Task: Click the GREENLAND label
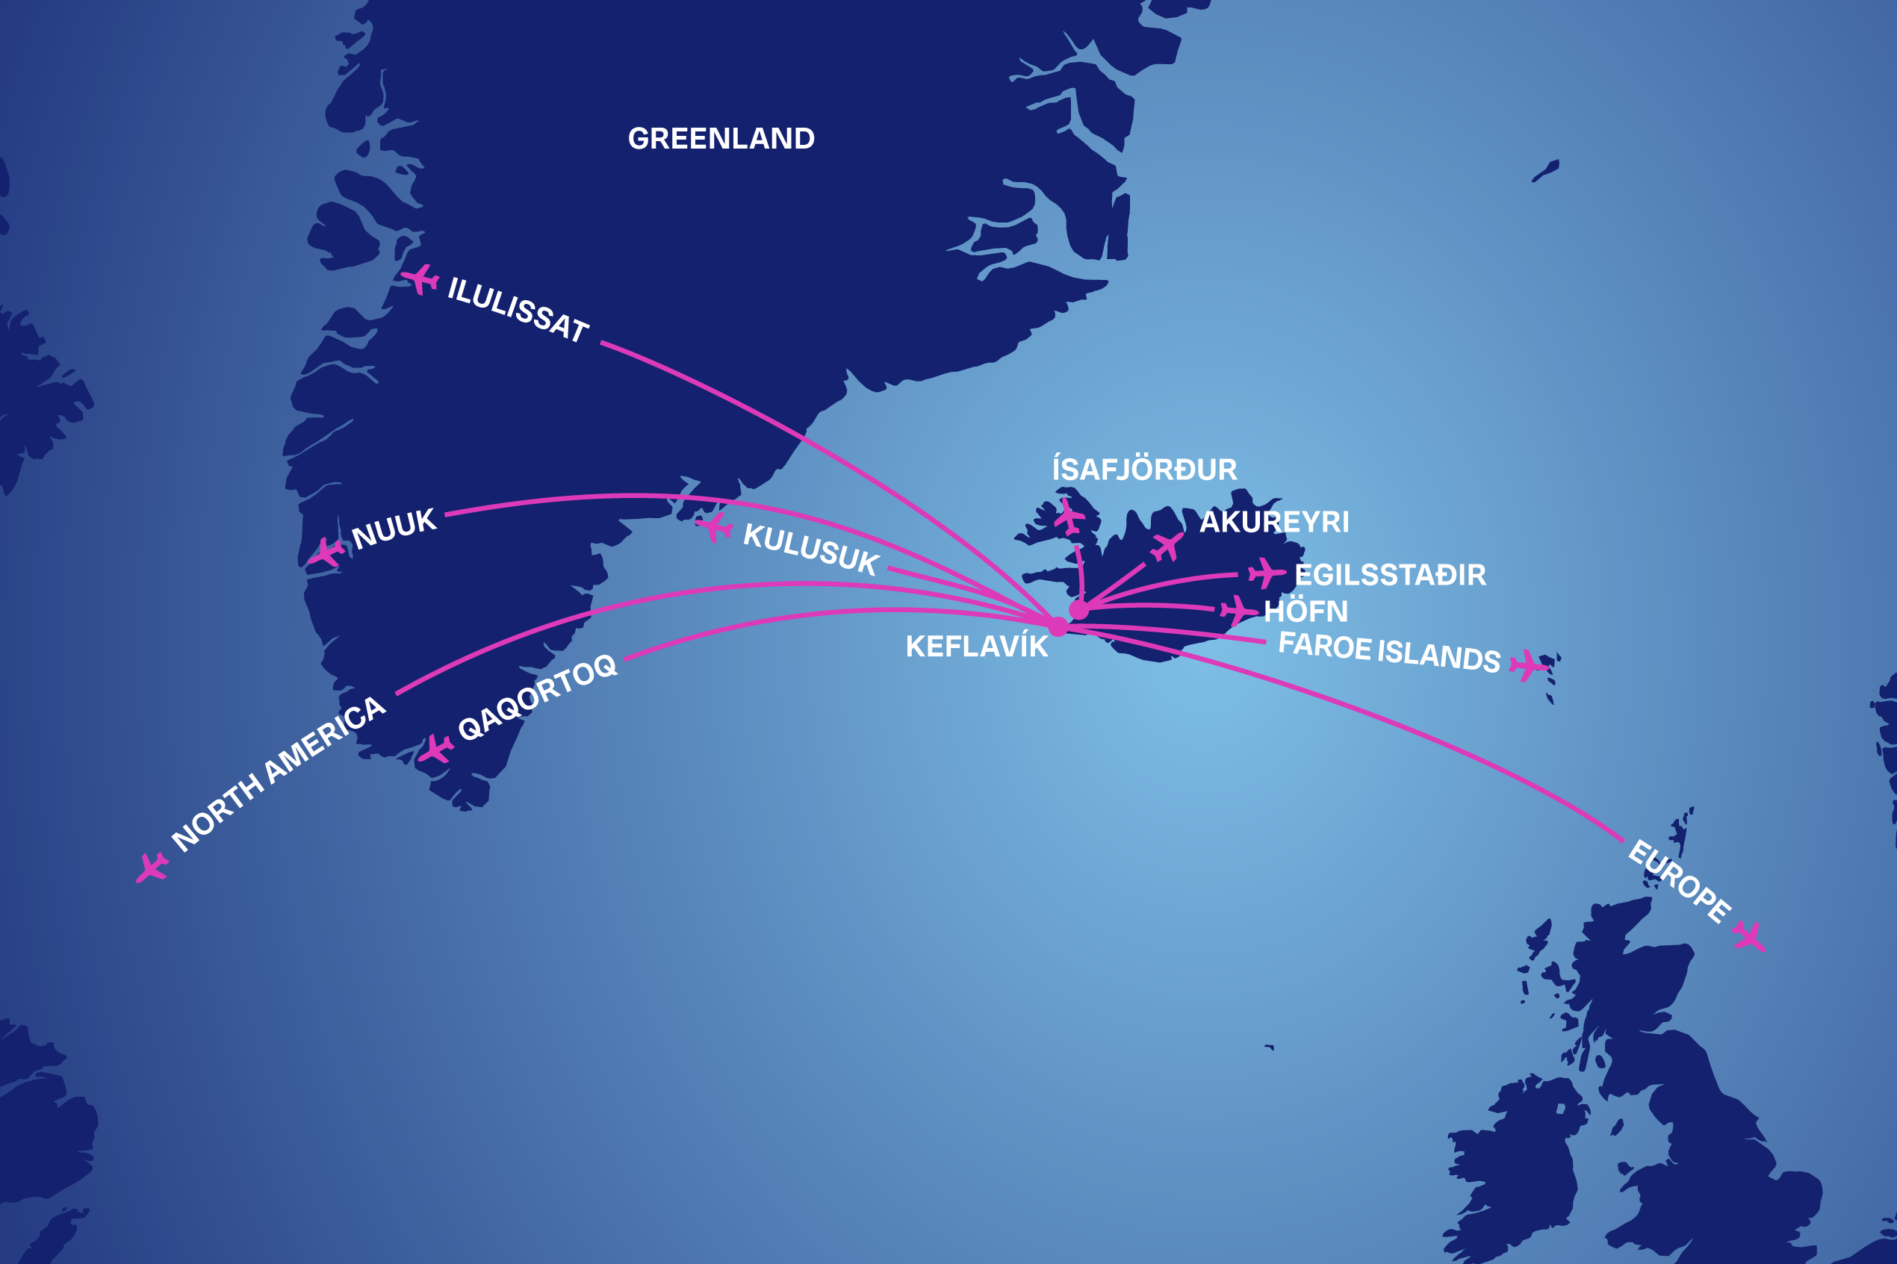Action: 721,139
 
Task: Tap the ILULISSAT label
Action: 518,310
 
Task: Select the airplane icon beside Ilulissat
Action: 420,280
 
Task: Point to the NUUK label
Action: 394,529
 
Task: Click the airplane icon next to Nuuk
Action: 326,553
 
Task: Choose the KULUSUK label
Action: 810,549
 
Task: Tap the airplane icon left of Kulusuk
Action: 714,528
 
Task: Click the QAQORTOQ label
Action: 537,697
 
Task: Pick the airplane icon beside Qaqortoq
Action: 435,748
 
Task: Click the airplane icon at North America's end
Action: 151,868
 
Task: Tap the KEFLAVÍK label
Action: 976,647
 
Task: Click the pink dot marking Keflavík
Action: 1058,626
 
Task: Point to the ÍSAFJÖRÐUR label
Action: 1144,469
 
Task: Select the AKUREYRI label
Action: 1274,523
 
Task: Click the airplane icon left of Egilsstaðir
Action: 1266,573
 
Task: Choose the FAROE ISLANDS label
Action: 1389,652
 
